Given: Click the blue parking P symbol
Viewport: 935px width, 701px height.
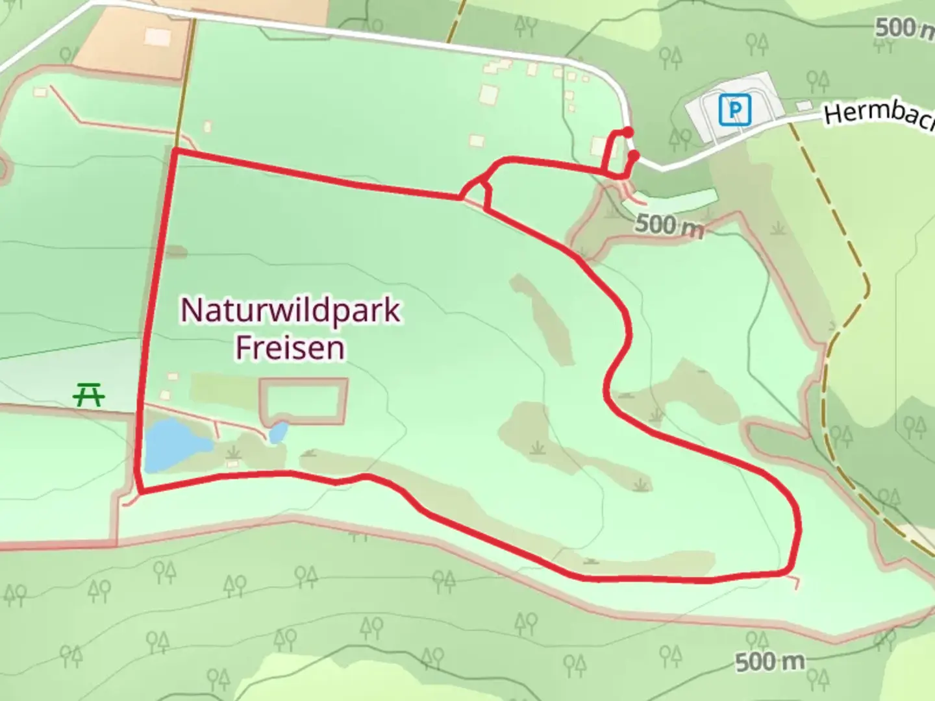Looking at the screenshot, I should pyautogui.click(x=734, y=110).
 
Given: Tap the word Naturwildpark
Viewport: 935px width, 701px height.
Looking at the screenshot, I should pyautogui.click(x=290, y=310).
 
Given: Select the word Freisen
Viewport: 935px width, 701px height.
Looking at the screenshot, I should pyautogui.click(x=290, y=348).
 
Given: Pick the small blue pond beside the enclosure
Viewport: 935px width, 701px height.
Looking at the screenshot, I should pyautogui.click(x=279, y=432).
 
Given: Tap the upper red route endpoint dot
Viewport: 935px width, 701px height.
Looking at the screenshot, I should pyautogui.click(x=628, y=132).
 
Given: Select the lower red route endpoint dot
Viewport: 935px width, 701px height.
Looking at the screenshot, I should pyautogui.click(x=634, y=156).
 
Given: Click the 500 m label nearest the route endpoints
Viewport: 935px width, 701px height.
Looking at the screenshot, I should pyautogui.click(x=669, y=226).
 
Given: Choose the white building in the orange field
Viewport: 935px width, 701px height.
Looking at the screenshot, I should pyautogui.click(x=157, y=37).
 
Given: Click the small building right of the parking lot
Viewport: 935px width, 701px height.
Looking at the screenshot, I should pyautogui.click(x=804, y=105).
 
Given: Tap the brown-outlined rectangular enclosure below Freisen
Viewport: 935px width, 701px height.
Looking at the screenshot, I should pyautogui.click(x=303, y=401).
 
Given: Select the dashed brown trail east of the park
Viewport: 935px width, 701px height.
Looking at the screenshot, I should pyautogui.click(x=851, y=260).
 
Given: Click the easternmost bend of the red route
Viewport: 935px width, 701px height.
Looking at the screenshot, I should pyautogui.click(x=798, y=529).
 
